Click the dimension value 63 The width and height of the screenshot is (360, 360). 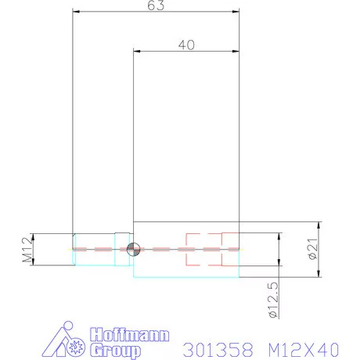coord(155,5)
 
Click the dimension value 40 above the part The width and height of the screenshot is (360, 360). coord(185,45)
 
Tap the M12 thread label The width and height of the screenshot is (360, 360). coord(27,250)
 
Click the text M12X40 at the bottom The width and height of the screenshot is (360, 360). coord(298,347)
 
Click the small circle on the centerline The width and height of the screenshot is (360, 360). coord(132,249)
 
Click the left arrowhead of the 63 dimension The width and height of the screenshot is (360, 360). coord(76,11)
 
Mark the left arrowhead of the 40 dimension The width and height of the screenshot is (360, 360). coord(138,51)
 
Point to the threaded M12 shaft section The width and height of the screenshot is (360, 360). coord(94,249)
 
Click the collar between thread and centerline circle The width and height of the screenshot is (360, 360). coord(121,249)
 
